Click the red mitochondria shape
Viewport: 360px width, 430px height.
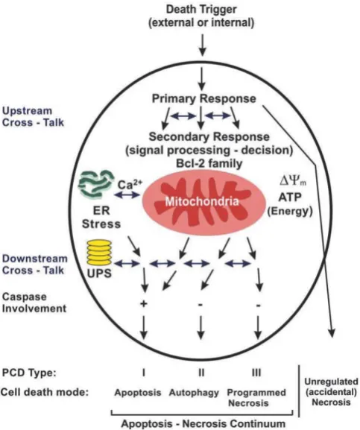click(203, 203)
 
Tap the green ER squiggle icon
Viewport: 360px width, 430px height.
click(96, 183)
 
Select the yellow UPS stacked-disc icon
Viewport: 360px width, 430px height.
click(99, 253)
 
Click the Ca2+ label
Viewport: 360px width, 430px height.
click(130, 184)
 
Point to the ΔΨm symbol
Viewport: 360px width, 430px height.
click(293, 181)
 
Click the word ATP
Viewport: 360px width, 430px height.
click(290, 197)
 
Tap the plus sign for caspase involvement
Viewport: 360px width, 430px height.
click(144, 304)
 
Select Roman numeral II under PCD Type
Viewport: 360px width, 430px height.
click(201, 373)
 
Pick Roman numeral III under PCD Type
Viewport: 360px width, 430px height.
click(256, 373)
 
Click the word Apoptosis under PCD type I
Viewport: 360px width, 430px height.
click(138, 393)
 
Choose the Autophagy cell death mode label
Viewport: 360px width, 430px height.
click(194, 393)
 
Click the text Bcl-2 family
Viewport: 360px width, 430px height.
click(209, 163)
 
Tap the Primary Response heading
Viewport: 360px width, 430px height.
click(204, 98)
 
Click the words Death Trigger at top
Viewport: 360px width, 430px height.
click(201, 10)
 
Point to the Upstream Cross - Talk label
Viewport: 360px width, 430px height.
click(33, 116)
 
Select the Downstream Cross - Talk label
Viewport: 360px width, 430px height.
click(35, 265)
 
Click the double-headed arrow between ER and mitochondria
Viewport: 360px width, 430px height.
click(127, 195)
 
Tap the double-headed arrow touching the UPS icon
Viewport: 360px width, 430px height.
click(127, 264)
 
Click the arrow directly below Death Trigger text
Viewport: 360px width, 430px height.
click(202, 45)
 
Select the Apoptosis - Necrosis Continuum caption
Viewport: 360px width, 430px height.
click(203, 423)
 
